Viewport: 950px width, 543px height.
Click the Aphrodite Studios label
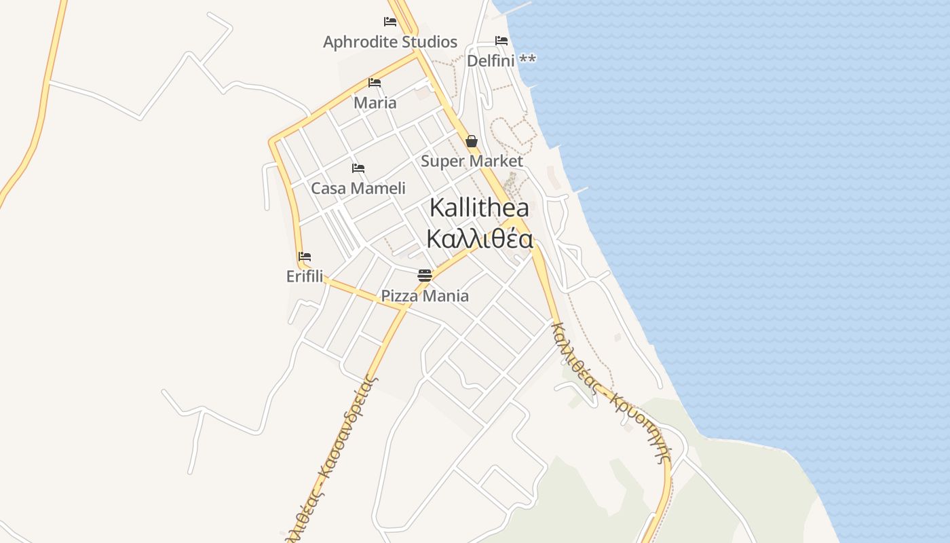click(x=390, y=42)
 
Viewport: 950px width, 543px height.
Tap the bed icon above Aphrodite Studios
click(x=390, y=22)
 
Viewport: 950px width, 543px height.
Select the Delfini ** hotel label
click(x=501, y=60)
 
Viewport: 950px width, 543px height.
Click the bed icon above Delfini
click(x=501, y=41)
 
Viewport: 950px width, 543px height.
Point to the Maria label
click(x=375, y=103)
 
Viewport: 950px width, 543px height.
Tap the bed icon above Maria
click(x=375, y=83)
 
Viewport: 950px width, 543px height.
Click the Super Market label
click(x=472, y=162)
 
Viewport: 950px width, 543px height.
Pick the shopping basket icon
click(x=472, y=141)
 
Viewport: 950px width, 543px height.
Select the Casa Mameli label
click(x=358, y=189)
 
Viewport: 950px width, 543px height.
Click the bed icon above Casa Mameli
click(x=358, y=168)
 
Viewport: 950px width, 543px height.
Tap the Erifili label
click(x=305, y=277)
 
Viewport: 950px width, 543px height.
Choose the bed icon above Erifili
click(x=305, y=257)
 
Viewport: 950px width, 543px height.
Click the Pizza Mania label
click(x=425, y=296)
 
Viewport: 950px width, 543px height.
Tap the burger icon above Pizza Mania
click(x=425, y=276)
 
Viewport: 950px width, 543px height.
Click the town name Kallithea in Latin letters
click(x=480, y=208)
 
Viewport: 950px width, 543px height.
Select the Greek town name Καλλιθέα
click(x=480, y=239)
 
